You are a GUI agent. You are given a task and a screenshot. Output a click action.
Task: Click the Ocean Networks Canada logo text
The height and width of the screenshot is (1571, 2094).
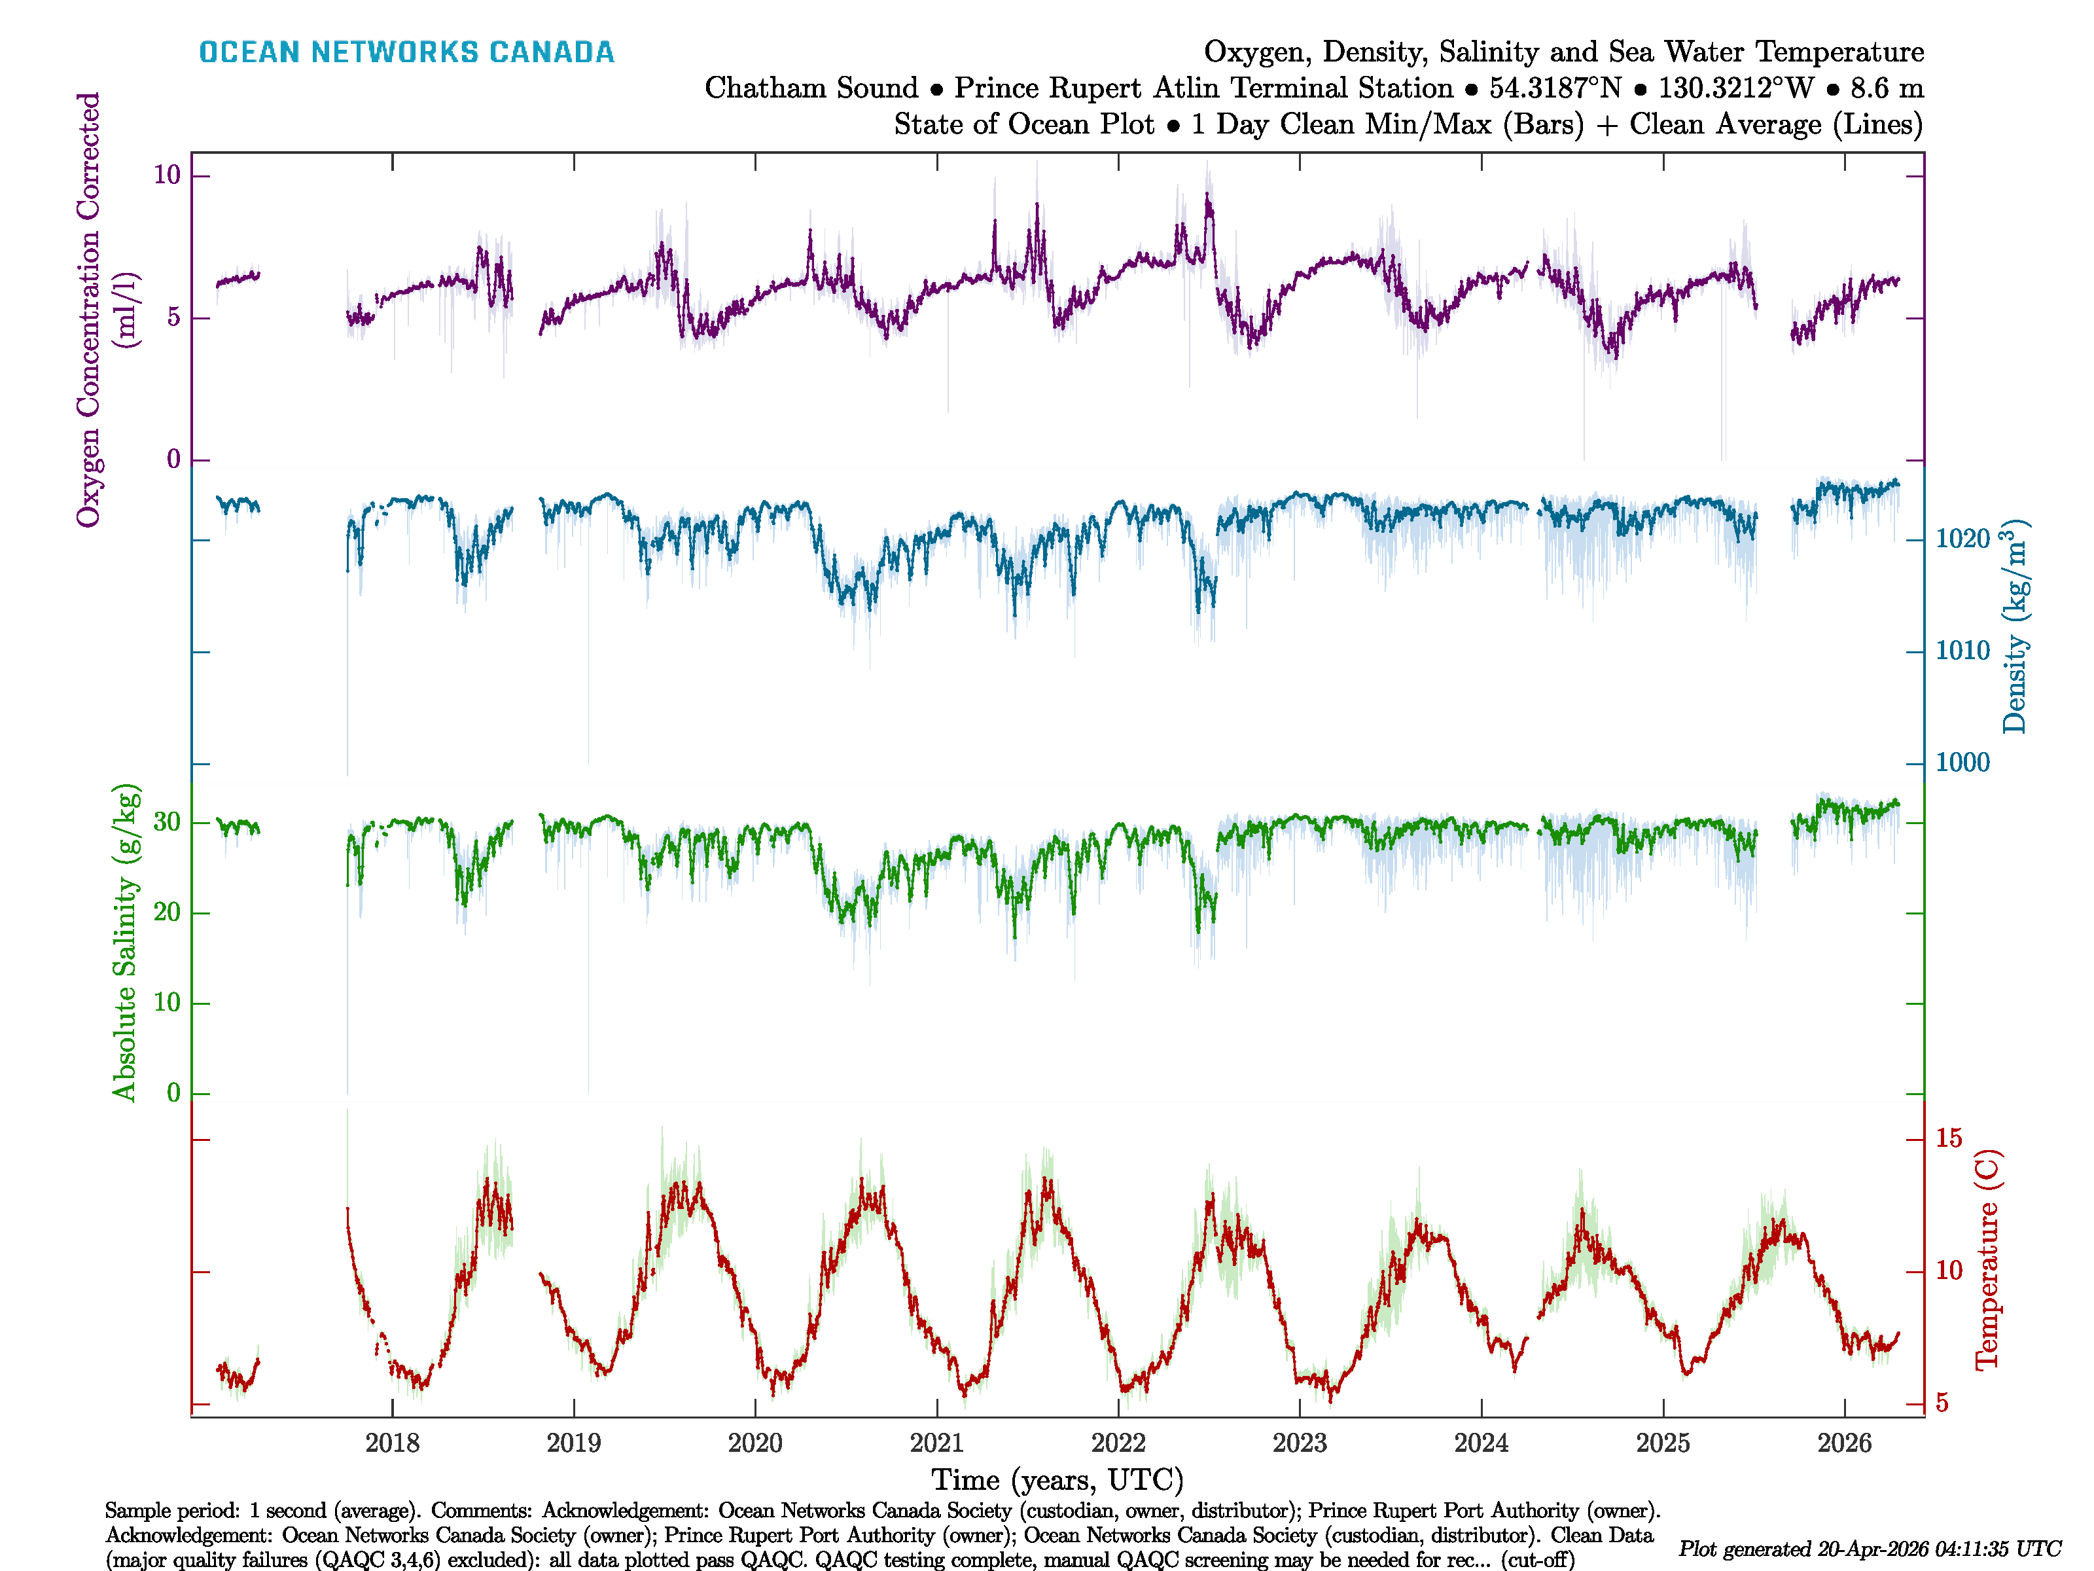click(x=406, y=52)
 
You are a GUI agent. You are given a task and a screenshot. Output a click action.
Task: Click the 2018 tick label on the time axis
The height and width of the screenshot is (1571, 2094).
click(x=392, y=1443)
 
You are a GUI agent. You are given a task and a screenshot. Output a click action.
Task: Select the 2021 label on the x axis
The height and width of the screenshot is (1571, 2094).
click(x=936, y=1443)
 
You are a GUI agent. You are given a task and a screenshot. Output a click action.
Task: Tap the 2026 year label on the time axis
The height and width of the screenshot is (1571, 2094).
click(x=1844, y=1443)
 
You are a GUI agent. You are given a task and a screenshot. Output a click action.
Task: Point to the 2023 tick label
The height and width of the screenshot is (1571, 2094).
click(x=1299, y=1443)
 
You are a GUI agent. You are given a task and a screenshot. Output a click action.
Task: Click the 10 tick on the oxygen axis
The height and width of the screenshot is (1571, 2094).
click(x=167, y=175)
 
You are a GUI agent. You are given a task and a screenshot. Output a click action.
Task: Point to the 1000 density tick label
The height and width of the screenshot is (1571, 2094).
click(x=1962, y=763)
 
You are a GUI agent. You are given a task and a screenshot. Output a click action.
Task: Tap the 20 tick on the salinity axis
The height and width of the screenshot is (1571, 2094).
click(x=167, y=913)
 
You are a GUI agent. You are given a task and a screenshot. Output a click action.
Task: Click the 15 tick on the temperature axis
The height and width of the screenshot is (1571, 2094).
click(x=1948, y=1139)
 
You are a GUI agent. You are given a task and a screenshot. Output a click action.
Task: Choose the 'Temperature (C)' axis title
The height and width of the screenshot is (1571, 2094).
click(x=1986, y=1259)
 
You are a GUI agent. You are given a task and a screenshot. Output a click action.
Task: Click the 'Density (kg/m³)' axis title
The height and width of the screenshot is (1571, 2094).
click(x=2014, y=627)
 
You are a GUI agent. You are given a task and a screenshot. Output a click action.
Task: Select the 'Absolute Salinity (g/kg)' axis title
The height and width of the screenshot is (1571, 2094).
click(x=125, y=942)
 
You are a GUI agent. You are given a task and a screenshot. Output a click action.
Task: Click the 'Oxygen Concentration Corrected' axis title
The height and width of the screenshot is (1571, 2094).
click(x=88, y=310)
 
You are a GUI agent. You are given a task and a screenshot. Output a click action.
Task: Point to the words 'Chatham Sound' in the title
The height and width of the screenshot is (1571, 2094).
click(x=811, y=88)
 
